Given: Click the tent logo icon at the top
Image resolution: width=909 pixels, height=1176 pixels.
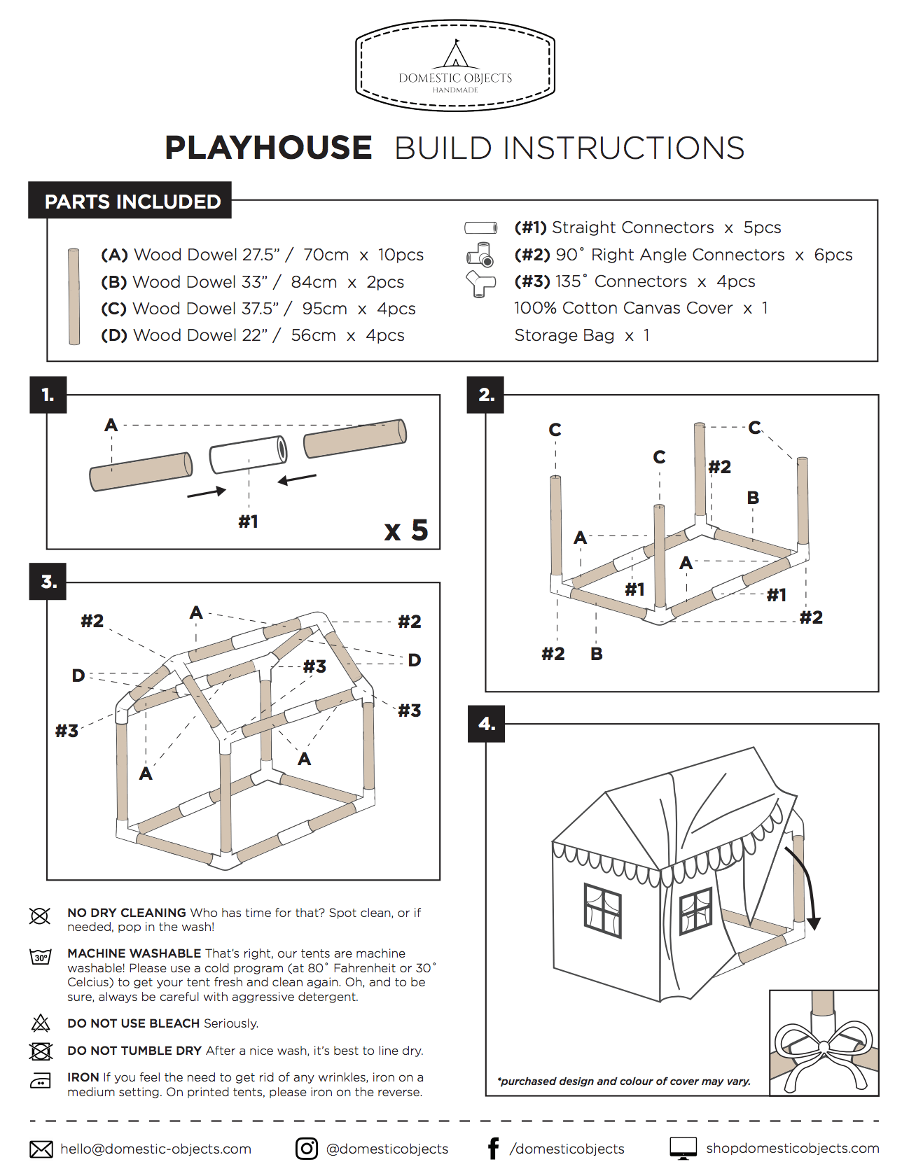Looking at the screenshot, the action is (x=456, y=54).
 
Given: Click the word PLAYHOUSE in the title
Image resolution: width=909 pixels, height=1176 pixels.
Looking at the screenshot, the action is (x=268, y=148).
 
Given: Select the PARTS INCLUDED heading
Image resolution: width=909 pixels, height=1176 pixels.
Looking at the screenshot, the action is (x=132, y=202).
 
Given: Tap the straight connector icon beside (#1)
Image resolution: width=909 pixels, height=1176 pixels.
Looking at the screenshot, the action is (x=481, y=227).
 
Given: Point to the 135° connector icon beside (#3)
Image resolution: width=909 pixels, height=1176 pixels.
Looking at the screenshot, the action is (x=480, y=283).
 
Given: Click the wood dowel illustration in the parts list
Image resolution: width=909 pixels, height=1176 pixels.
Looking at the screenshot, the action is (x=74, y=296).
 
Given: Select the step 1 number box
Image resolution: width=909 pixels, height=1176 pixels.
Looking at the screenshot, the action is (x=48, y=395).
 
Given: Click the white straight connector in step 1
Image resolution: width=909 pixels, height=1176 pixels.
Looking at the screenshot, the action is (x=249, y=454).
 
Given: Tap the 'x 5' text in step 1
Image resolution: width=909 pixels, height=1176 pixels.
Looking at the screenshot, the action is (x=406, y=531).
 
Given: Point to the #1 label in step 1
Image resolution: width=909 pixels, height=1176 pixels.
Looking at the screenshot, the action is (x=248, y=521).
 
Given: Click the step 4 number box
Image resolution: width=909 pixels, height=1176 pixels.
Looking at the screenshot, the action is (x=486, y=724).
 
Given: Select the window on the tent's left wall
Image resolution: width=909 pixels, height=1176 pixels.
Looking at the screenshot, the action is (x=603, y=910).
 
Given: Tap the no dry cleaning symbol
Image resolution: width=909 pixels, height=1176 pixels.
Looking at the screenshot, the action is (x=40, y=916).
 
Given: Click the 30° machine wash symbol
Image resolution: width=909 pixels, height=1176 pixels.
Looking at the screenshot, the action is (x=41, y=957).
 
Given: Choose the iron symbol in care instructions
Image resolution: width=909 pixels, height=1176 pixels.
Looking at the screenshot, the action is (x=41, y=1081).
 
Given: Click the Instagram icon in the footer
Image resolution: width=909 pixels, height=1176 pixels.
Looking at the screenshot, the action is (x=306, y=1149).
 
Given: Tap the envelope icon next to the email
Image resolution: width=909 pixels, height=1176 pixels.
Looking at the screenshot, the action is (x=41, y=1149).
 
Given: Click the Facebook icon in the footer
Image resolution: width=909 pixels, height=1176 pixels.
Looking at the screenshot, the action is (x=494, y=1149).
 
